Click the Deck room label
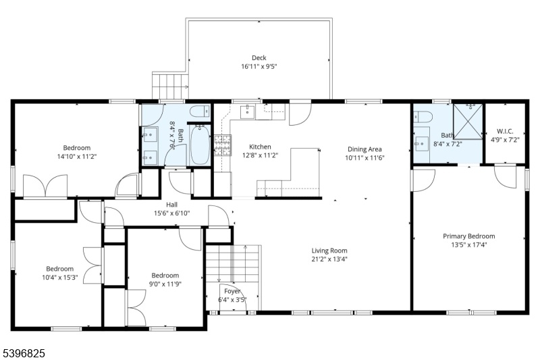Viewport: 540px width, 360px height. [x=259, y=58]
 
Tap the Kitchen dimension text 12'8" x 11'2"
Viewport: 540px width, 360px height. [x=260, y=155]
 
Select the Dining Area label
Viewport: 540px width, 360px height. [x=364, y=149]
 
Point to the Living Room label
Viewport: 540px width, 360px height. [x=329, y=251]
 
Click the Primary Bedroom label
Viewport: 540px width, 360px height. [x=468, y=236]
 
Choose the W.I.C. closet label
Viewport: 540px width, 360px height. [x=505, y=131]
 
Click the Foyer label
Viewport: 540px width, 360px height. [x=232, y=291]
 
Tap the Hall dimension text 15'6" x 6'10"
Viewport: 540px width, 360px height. [x=171, y=213]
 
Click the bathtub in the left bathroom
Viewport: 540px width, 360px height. [x=200, y=145]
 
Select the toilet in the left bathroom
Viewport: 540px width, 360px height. [x=200, y=111]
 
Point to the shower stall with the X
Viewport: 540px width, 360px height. [x=468, y=122]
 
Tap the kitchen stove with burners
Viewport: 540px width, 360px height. [x=223, y=145]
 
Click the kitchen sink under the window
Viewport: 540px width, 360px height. [x=247, y=112]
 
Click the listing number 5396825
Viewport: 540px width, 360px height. [x=24, y=353]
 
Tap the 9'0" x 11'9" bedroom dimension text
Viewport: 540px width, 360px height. [x=165, y=284]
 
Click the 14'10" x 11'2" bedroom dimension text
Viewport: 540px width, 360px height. [x=77, y=157]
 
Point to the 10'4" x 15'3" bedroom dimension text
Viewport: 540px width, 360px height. [x=60, y=278]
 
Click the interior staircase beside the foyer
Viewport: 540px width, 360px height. [x=232, y=263]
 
